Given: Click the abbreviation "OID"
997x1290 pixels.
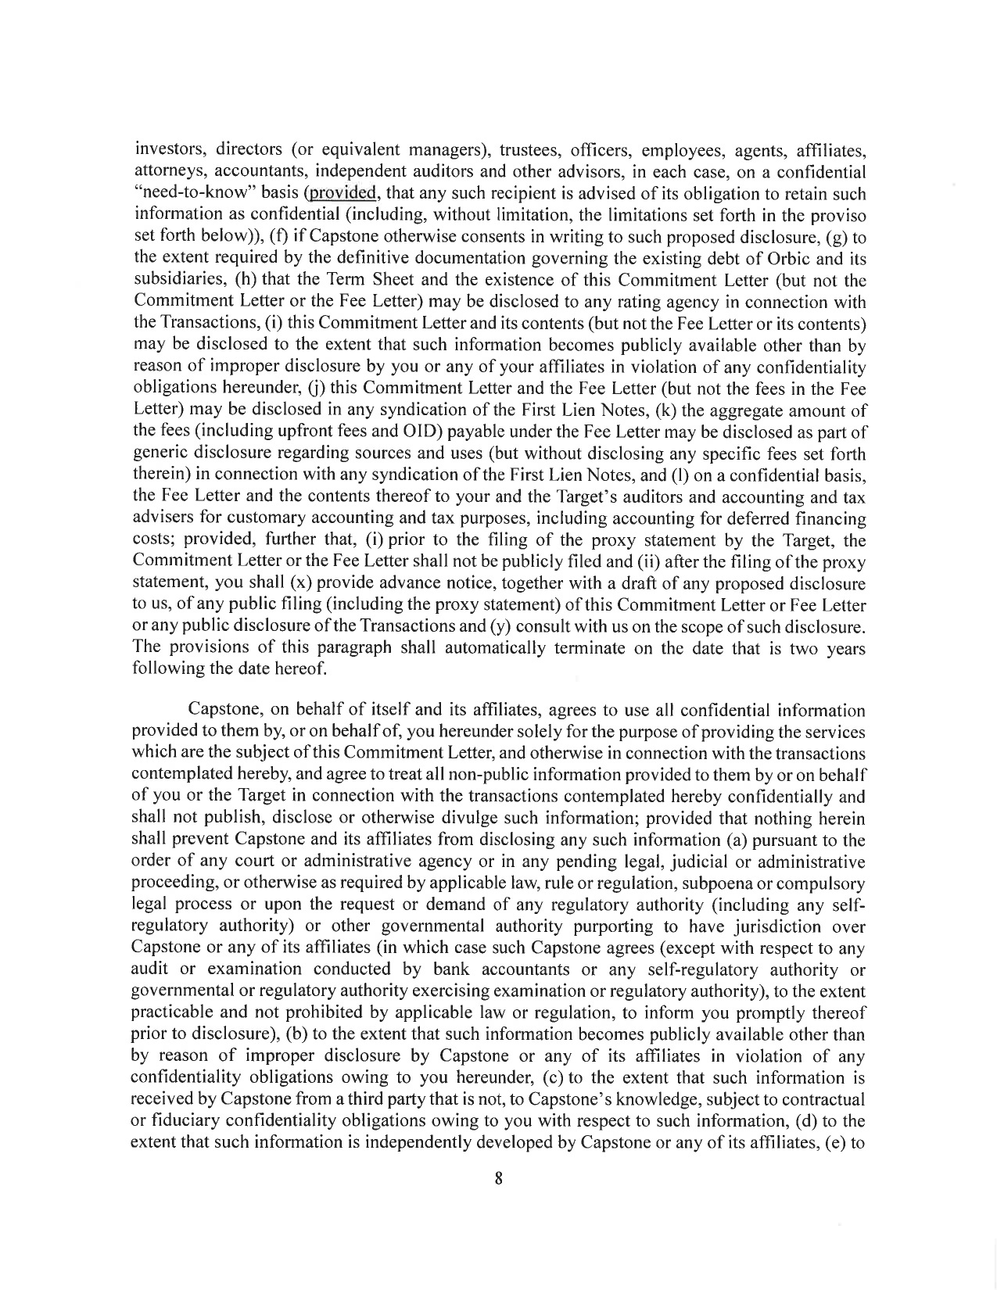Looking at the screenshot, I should (420, 431).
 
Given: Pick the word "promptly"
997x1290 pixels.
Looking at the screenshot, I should (773, 1012).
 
